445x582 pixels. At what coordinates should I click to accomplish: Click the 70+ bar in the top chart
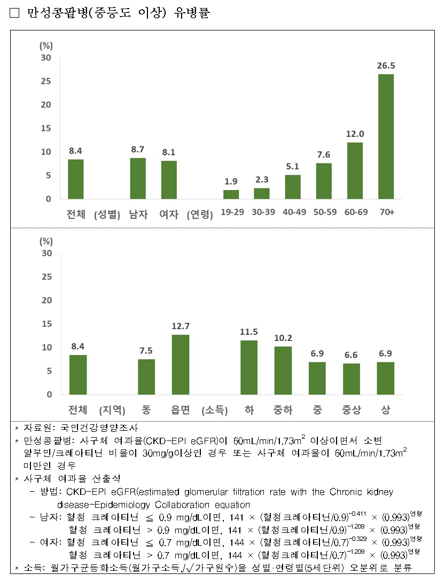click(386, 136)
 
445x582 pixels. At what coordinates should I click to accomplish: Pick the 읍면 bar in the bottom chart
click(181, 364)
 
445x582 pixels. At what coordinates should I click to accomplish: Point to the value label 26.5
click(386, 66)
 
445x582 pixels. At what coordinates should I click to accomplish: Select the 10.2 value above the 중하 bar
click(283, 338)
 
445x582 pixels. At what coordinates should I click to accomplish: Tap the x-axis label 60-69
click(356, 212)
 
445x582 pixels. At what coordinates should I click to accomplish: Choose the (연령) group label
click(200, 215)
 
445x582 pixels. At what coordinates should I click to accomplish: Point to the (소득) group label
click(215, 410)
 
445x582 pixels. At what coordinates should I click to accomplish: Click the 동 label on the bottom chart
click(146, 410)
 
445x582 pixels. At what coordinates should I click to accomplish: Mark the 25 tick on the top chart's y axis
click(47, 81)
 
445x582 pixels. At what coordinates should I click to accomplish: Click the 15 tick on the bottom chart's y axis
click(47, 324)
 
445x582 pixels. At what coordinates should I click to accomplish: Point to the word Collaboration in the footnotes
click(173, 504)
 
